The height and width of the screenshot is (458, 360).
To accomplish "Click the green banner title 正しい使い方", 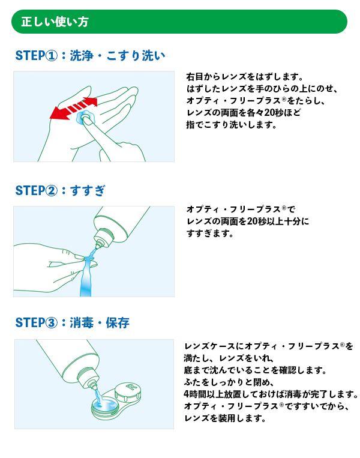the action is [55, 22].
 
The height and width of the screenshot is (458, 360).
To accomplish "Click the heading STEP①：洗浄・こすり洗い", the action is [90, 55].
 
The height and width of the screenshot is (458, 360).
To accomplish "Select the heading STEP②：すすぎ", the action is [60, 190].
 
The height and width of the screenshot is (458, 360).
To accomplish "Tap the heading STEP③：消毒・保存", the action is [72, 323].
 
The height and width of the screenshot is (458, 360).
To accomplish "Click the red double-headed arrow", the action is [74, 109].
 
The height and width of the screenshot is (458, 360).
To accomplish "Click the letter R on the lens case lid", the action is [131, 387].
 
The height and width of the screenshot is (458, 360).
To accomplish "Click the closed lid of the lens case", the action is [128, 391].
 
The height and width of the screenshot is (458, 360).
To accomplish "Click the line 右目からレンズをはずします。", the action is [245, 77].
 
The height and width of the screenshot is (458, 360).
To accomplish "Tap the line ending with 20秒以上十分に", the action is [248, 221].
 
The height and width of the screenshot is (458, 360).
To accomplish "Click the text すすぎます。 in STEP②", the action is [210, 234].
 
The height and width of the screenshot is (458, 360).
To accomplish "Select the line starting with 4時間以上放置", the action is [271, 394].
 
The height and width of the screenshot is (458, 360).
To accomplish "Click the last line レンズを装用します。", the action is [225, 418].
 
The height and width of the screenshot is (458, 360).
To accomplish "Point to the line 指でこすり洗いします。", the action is [232, 125].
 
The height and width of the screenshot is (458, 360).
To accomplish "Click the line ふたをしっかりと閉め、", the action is [229, 382].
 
